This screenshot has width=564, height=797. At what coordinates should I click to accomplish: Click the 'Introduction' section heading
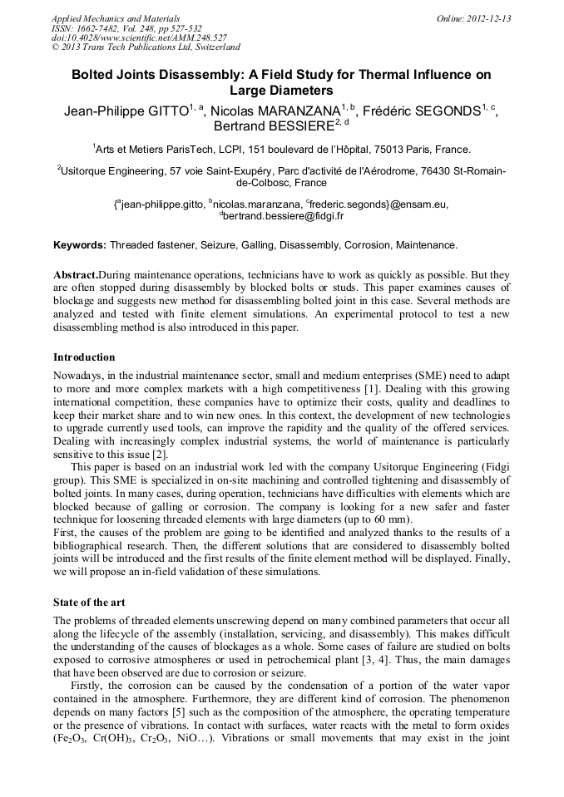click(84, 357)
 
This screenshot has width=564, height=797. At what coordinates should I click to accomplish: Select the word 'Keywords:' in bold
click(80, 245)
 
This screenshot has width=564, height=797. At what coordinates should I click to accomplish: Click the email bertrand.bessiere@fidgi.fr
click(284, 216)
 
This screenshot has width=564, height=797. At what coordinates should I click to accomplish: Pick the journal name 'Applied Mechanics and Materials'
click(116, 17)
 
